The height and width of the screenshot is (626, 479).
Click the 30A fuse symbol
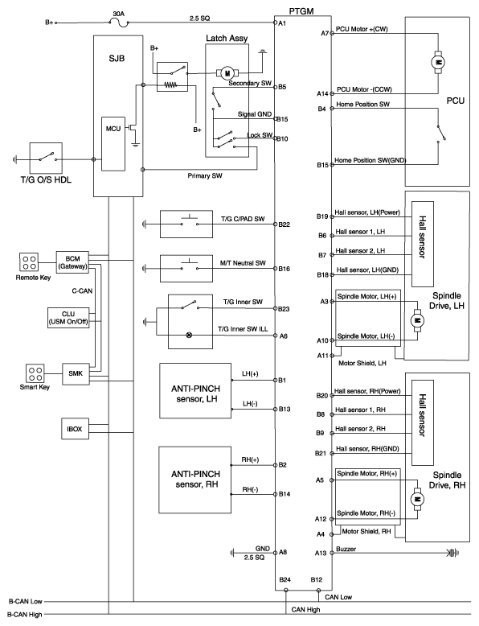coord(119,23)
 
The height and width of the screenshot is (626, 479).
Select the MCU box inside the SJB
coord(113,144)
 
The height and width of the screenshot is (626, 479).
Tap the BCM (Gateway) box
coord(72,262)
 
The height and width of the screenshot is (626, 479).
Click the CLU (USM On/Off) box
coord(68,318)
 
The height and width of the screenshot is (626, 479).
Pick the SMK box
coord(76,373)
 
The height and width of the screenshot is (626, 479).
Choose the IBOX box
coord(75,429)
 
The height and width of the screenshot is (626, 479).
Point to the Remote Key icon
coord(29,262)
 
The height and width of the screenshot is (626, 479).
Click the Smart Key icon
coord(35,373)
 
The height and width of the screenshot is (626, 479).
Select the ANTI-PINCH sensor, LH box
coord(195,390)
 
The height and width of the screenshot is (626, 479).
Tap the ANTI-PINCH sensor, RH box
coord(195,480)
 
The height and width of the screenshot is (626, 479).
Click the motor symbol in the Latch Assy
coord(227,73)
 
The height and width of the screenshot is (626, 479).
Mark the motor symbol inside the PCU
coord(438,62)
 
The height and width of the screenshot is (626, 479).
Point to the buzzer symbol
coord(453,553)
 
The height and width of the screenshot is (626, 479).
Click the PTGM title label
coord(301,11)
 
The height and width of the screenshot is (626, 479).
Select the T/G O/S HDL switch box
coord(46,159)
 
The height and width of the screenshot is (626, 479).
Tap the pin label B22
coord(284,224)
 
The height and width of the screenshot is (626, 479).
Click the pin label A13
coord(321,553)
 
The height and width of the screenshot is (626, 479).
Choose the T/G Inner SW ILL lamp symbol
coord(190,335)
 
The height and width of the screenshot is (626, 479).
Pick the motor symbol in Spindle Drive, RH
coord(418,499)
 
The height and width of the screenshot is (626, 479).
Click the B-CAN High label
coord(25,615)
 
